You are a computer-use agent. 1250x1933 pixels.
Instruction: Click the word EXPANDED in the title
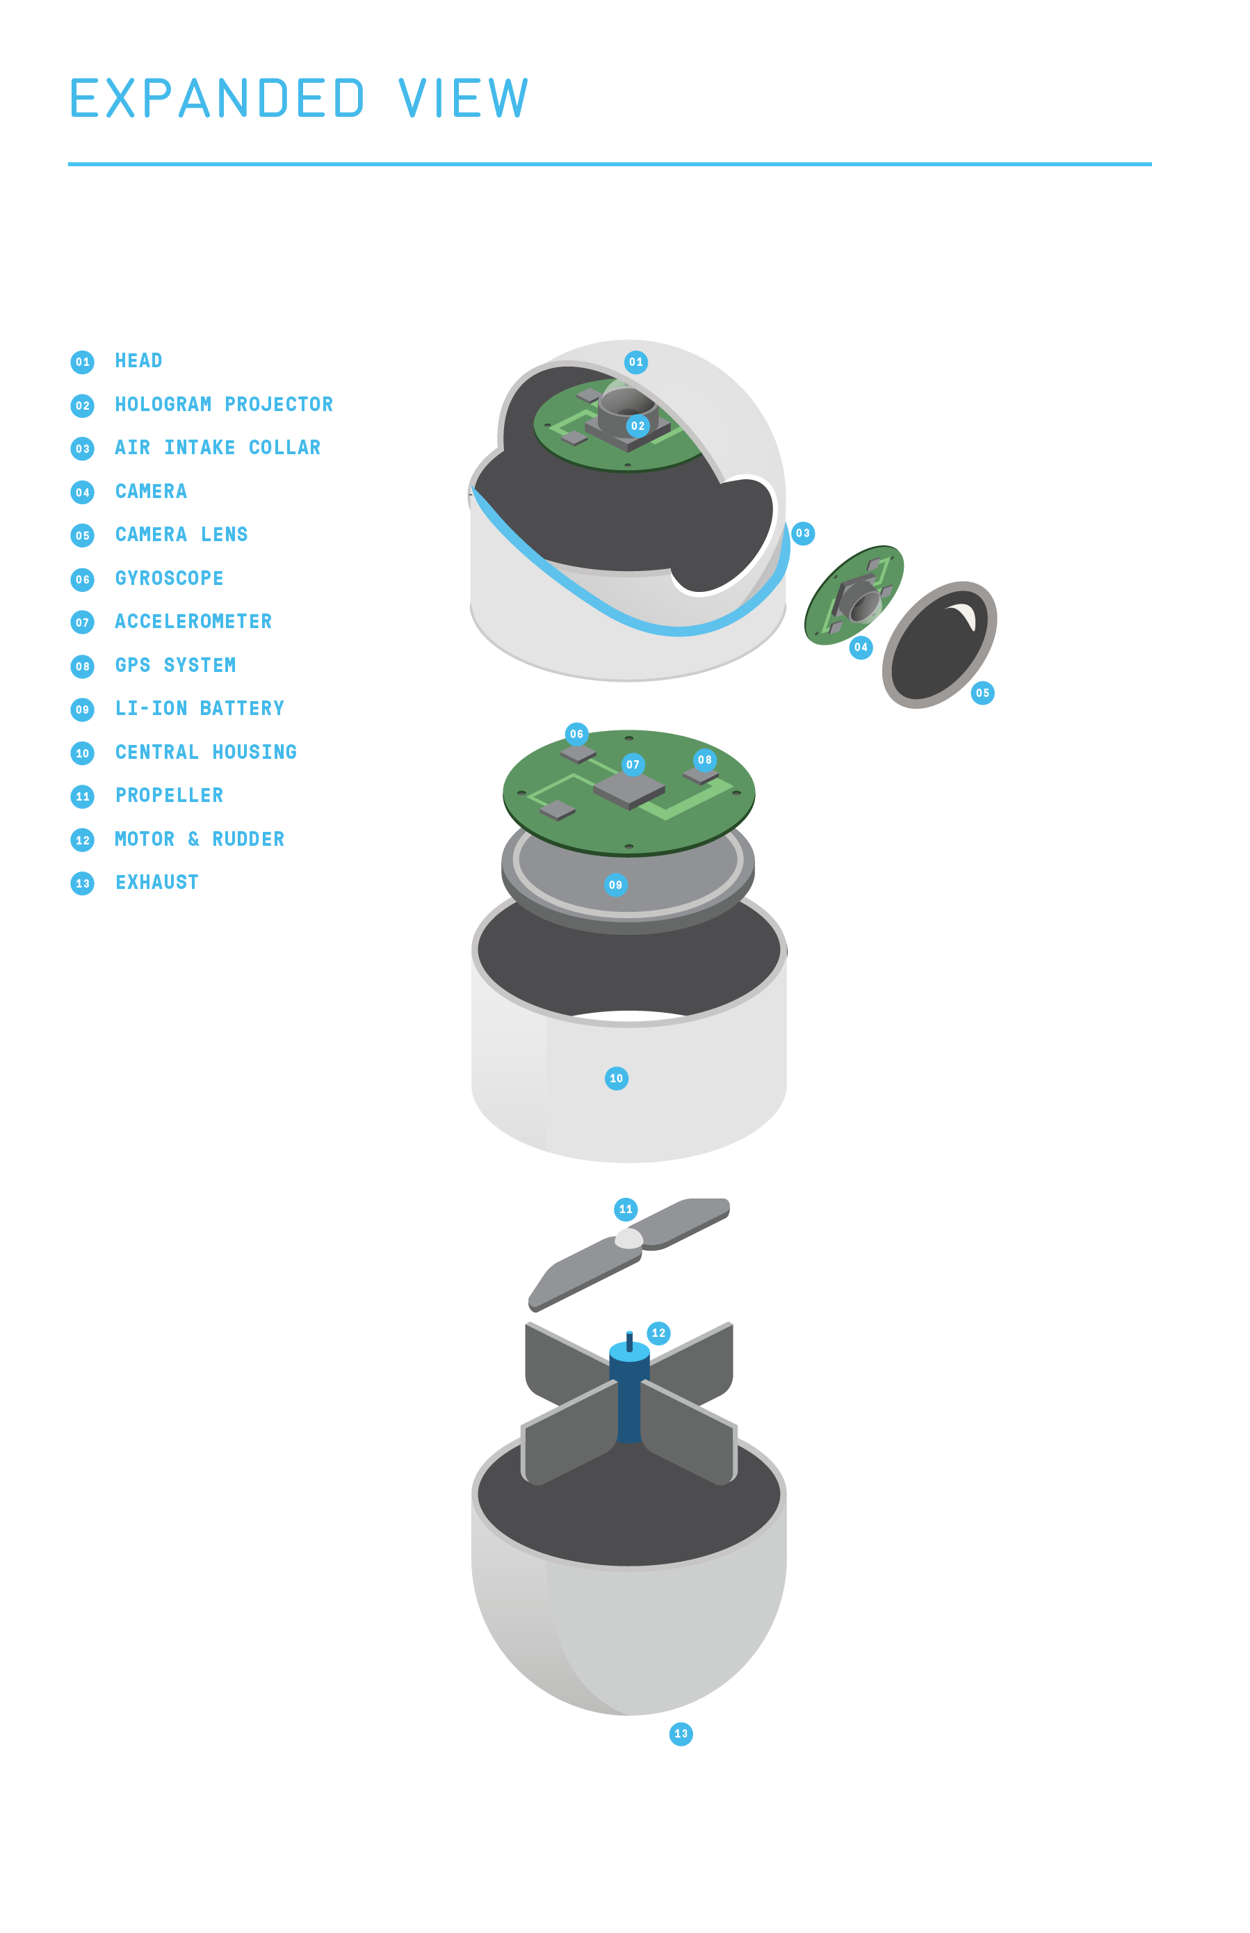[x=217, y=99]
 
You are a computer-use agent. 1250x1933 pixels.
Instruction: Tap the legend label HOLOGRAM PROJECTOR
[x=224, y=404]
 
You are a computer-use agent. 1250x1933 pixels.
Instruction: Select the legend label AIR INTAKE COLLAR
[x=218, y=447]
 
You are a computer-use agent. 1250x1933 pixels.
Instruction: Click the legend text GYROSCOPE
[x=169, y=578]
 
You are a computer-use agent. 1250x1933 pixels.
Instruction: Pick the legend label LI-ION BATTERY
[x=200, y=708]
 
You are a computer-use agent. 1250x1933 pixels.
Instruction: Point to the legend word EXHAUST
[x=156, y=882]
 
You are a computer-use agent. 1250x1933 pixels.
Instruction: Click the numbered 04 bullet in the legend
[x=82, y=492]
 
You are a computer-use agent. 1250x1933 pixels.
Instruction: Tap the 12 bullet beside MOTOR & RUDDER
[x=82, y=840]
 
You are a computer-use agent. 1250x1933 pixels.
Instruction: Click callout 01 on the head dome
[x=635, y=362]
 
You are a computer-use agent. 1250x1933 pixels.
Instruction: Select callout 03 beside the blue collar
[x=802, y=534]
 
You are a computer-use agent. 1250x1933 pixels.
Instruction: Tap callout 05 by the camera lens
[x=982, y=693]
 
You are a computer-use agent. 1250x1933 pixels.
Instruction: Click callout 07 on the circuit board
[x=633, y=764]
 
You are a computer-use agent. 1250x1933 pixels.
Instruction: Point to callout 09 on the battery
[x=615, y=885]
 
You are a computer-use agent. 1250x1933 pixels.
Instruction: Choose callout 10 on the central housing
[x=616, y=1078]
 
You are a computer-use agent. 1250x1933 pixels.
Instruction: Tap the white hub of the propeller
[x=628, y=1238]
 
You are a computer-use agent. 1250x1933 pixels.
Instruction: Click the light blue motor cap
[x=629, y=1352]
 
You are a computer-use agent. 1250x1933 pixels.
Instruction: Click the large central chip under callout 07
[x=629, y=789]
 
